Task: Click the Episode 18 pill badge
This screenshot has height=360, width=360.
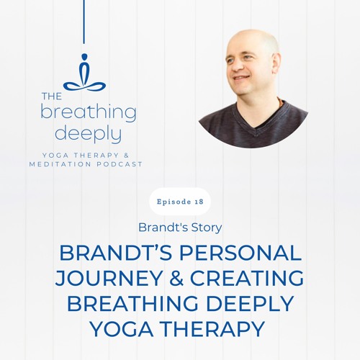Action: [x=180, y=202]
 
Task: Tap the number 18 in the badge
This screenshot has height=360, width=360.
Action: [x=197, y=202]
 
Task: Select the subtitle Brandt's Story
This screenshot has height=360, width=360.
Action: [x=180, y=227]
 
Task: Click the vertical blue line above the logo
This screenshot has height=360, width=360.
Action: [x=84, y=22]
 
